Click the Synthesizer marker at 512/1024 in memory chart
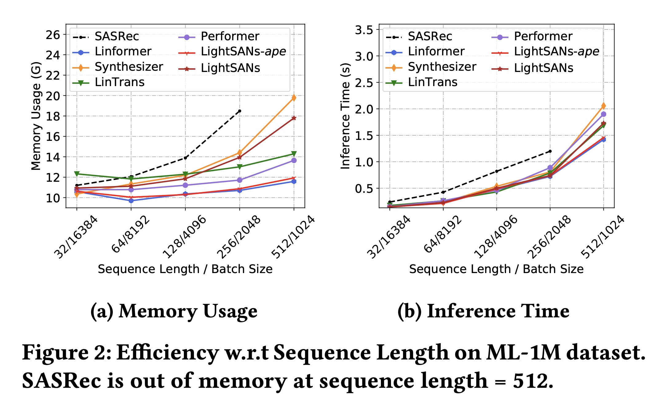(x=294, y=98)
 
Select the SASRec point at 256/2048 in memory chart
(x=240, y=111)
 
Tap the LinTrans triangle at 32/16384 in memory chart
(x=77, y=174)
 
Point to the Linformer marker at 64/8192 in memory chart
(x=131, y=200)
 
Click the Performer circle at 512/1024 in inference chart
(x=603, y=114)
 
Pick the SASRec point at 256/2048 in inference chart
(x=550, y=151)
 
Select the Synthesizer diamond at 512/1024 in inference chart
(x=603, y=106)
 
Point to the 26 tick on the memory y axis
(x=53, y=35)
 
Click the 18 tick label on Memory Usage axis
(x=53, y=116)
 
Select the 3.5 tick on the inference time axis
(x=364, y=30)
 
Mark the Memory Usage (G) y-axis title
(x=36, y=116)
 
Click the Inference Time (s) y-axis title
(x=346, y=116)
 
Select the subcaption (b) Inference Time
(x=483, y=311)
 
